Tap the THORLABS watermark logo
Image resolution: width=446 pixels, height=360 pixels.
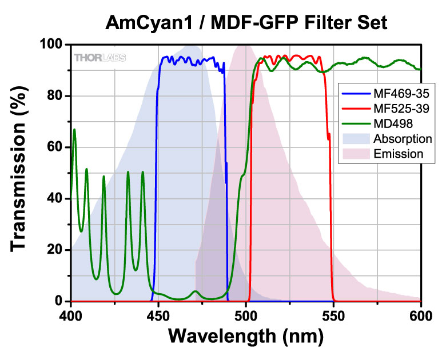click(100, 57)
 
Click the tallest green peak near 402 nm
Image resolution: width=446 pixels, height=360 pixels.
click(74, 130)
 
